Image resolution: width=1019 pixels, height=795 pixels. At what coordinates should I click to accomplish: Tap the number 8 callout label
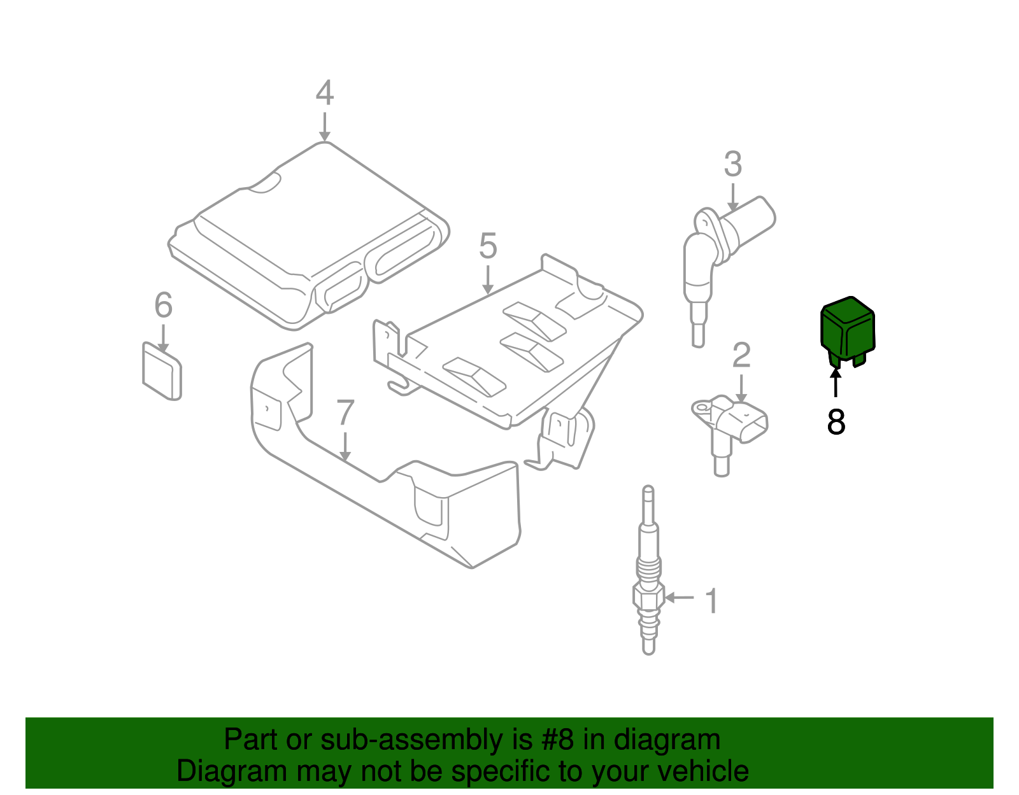(836, 421)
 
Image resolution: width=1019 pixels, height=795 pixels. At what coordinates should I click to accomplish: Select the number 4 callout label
(325, 94)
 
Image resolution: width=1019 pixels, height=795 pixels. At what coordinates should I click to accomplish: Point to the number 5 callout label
(488, 246)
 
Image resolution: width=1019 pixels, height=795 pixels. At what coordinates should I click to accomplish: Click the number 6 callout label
(164, 306)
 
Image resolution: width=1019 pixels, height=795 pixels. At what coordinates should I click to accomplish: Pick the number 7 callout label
(345, 414)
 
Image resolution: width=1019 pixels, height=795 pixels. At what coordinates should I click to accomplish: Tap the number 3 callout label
(733, 164)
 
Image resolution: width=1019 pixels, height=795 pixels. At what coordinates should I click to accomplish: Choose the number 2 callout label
(741, 356)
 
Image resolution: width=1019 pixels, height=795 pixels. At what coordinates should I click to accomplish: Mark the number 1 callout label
(712, 602)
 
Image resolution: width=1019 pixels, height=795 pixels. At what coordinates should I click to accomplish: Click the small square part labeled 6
(162, 372)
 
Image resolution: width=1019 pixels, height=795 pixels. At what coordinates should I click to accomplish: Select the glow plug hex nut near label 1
(648, 597)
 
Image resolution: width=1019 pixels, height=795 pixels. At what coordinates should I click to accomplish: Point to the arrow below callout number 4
(325, 127)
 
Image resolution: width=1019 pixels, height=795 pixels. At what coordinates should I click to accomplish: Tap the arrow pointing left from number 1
(679, 597)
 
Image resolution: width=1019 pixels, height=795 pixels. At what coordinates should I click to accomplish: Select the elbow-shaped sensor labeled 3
(720, 248)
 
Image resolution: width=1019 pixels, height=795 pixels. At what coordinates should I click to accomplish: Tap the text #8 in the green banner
(557, 740)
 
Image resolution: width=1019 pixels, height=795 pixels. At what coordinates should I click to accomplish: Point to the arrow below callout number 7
(345, 447)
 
